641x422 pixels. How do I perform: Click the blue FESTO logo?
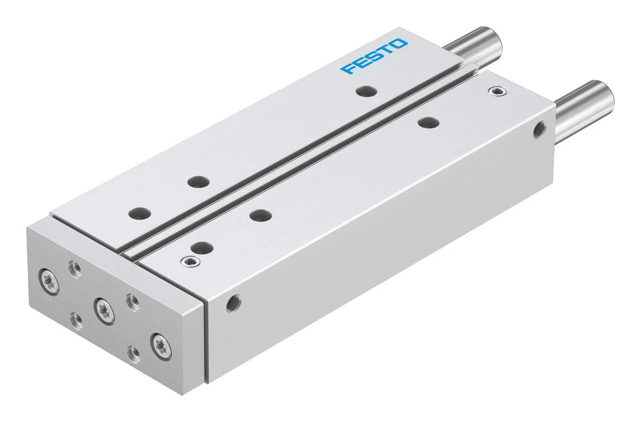[374, 56]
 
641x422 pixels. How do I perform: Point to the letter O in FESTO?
[399, 43]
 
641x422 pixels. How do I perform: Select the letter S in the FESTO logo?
[375, 56]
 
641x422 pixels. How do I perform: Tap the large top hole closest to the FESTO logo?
[366, 91]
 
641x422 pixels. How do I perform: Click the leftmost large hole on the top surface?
[139, 214]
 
